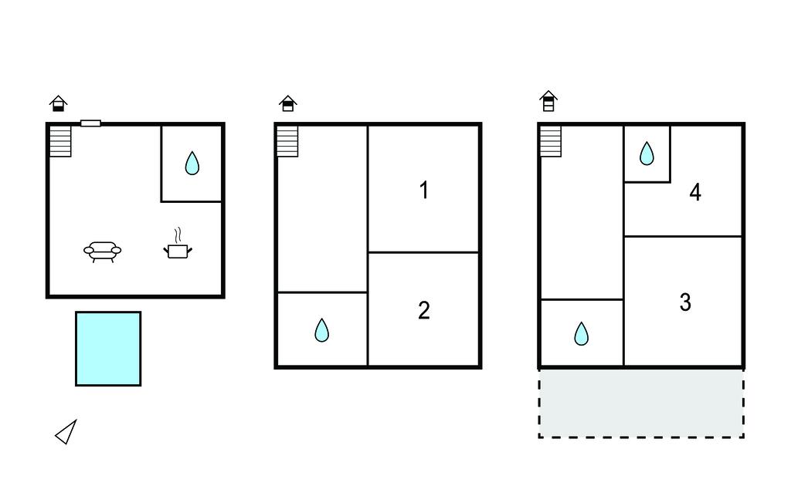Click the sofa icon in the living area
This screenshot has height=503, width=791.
point(103,251)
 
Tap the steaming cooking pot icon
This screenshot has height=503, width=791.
point(178,244)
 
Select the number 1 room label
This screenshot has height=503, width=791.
point(424,191)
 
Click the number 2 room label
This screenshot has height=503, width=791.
point(424,310)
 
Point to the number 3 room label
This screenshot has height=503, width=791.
point(685,302)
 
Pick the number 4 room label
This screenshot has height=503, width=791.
point(695,192)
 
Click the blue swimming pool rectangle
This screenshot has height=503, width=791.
point(108,349)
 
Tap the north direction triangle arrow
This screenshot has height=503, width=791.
point(66,432)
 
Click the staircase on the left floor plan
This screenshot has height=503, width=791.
point(60,141)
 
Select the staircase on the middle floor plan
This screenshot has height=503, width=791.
point(287,141)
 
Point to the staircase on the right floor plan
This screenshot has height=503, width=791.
point(551,141)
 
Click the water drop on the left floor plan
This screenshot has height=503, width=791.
point(192,163)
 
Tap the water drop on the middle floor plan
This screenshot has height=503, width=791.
point(322,330)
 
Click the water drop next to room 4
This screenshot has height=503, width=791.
point(647,154)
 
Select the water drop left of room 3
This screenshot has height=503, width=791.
point(582,333)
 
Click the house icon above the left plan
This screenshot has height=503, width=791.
point(59,103)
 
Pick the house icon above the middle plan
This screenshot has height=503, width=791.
point(288,103)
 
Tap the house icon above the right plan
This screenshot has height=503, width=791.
point(548,101)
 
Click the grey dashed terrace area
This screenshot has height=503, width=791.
point(641,403)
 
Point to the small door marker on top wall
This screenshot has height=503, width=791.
point(91,123)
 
